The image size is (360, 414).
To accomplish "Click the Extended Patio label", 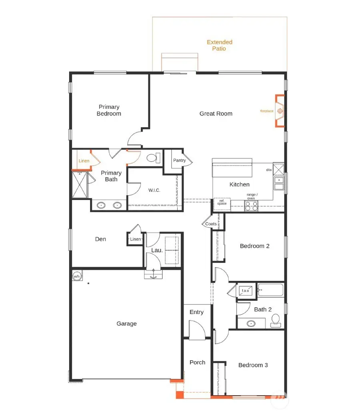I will pyautogui.click(x=219, y=45).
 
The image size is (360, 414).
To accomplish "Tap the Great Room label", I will pyautogui.click(x=216, y=114).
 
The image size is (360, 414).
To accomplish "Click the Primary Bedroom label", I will pyautogui.click(x=109, y=110).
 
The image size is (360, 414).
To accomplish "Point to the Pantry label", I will pyautogui.click(x=179, y=160).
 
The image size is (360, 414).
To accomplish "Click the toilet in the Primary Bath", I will pyautogui.click(x=152, y=158).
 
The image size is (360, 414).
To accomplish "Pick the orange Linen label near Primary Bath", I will pyautogui.click(x=84, y=161).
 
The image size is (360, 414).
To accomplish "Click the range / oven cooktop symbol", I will pyautogui.click(x=251, y=206).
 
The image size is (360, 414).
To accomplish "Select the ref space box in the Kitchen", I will pyautogui.click(x=222, y=203).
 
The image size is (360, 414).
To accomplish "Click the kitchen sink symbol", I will pyautogui.click(x=278, y=183).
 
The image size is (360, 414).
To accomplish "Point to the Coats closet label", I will pyautogui.click(x=211, y=224).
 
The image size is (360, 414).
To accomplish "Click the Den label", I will pyautogui.click(x=100, y=239).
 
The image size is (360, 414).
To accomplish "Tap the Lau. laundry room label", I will pyautogui.click(x=156, y=250).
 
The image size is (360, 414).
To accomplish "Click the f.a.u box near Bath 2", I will pyautogui.click(x=245, y=291).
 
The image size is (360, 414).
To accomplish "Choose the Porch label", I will pyautogui.click(x=197, y=362).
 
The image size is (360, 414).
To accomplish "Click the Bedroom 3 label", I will pyautogui.click(x=253, y=365).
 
